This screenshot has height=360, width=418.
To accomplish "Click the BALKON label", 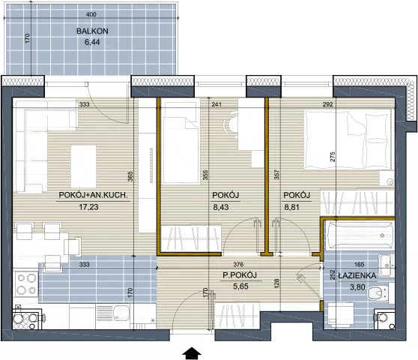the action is click(x=92, y=31).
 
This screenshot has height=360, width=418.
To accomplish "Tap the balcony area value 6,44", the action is click(x=92, y=42).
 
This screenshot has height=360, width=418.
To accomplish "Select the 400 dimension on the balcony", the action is click(x=91, y=14).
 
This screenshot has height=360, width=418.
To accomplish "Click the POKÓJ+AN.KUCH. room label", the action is click(x=94, y=195).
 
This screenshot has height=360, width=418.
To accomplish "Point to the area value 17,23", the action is click(x=89, y=206).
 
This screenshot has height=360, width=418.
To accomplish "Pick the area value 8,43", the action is click(x=221, y=207).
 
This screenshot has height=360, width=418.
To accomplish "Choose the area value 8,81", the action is click(x=292, y=207).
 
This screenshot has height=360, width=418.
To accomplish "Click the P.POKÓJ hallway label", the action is click(x=240, y=275).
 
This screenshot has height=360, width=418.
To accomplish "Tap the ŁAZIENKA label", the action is click(x=357, y=276).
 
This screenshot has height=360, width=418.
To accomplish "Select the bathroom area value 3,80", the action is click(x=357, y=287).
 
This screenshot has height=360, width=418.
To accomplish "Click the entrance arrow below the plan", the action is click(x=192, y=353).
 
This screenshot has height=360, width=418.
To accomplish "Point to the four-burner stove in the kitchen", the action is click(x=25, y=285).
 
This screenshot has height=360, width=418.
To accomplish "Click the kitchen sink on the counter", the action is click(x=121, y=313).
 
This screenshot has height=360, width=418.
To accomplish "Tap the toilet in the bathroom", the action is click(x=378, y=293).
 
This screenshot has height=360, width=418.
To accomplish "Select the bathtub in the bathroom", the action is click(x=359, y=235).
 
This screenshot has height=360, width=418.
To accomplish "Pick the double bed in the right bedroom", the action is click(x=348, y=139).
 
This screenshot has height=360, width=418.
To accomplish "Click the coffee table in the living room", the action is click(x=83, y=166).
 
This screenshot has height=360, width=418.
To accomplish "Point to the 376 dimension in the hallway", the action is click(x=238, y=265).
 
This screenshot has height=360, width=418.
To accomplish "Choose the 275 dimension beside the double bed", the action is click(x=333, y=157).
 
